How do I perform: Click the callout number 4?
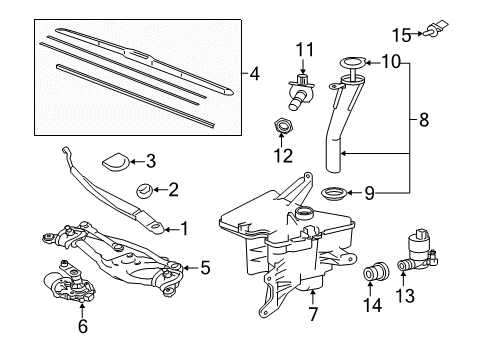coord(255,73)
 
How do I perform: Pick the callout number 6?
coord(83,326)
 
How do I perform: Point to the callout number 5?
coord(206,267)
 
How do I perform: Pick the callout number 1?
coord(184,229)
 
